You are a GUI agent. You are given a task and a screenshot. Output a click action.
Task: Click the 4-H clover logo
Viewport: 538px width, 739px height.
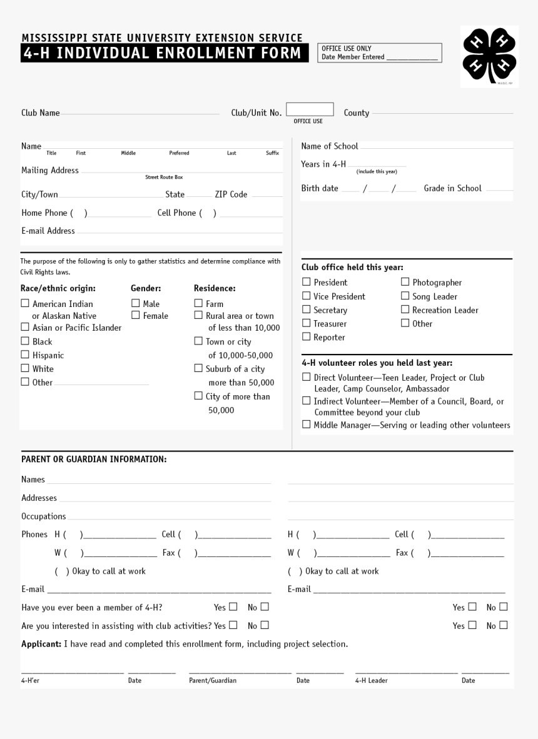click(489, 56)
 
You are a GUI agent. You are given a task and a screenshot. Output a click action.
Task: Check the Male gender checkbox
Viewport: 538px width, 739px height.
click(135, 303)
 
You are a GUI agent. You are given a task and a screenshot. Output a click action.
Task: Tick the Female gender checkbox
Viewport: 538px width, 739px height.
click(135, 315)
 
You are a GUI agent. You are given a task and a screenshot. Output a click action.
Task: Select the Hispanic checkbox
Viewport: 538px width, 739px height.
click(25, 354)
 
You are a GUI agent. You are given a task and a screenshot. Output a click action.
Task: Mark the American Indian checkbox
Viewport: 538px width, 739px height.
click(25, 303)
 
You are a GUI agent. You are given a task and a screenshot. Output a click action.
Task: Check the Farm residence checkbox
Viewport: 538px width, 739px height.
click(198, 303)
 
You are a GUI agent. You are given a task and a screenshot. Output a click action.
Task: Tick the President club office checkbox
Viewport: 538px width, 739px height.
click(307, 282)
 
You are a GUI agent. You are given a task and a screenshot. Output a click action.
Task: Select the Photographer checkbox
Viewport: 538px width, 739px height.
click(405, 282)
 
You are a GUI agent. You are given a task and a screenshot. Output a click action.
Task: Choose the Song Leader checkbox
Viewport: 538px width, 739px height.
click(405, 296)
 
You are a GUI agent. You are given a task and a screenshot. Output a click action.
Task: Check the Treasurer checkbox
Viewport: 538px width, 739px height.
click(307, 323)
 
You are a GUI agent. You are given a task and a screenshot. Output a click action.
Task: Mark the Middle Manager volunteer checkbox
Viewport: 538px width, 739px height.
click(307, 425)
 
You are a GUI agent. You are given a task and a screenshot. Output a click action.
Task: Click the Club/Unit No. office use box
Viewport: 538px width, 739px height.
click(310, 109)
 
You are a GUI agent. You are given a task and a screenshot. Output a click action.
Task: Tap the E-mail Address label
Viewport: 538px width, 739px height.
click(48, 231)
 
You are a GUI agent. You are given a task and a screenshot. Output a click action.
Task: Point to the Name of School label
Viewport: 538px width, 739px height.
click(330, 146)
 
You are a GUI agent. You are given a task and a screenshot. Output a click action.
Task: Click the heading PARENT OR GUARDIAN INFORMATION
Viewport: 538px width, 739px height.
click(94, 460)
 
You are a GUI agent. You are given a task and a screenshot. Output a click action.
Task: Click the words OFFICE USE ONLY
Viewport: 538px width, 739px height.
click(347, 48)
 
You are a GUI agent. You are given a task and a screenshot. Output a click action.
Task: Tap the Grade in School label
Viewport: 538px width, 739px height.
click(452, 188)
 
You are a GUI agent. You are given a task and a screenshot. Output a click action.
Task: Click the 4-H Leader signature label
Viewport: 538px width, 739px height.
click(371, 680)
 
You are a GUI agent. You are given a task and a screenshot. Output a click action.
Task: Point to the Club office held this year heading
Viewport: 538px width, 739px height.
click(352, 268)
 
